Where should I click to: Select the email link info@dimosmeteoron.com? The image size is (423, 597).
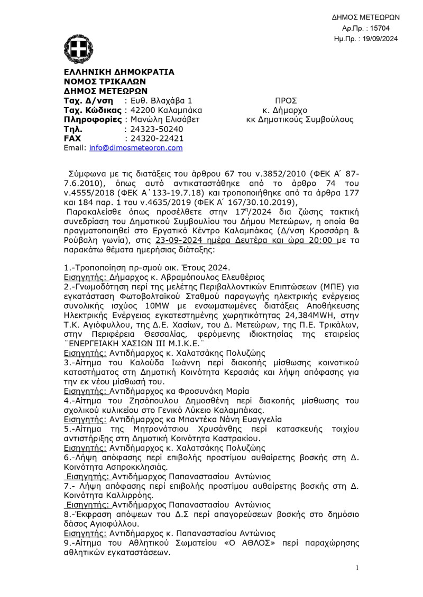tap(136, 148)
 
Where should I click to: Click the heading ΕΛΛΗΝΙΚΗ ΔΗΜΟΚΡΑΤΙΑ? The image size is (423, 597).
tap(119, 72)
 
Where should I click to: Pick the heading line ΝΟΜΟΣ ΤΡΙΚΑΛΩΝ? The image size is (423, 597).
tap(105, 81)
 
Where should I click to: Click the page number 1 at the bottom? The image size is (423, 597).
tap(357, 568)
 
